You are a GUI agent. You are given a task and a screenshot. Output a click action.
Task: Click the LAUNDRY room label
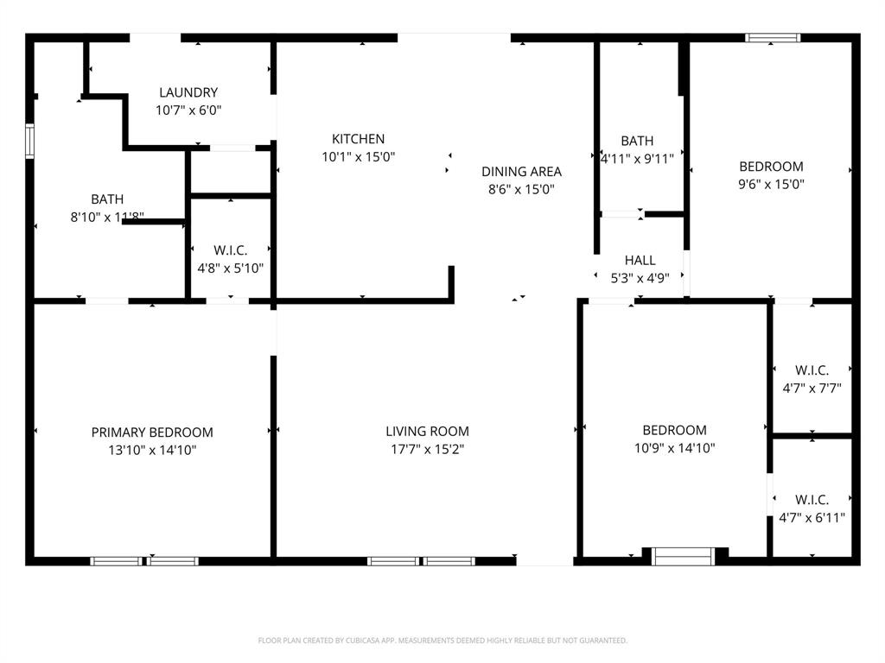coord(188,92)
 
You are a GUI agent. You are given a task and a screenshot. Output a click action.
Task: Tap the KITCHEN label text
coord(358,139)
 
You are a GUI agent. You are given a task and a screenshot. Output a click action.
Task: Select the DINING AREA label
coord(521,171)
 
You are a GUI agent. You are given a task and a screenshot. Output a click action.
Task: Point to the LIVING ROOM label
coord(427,431)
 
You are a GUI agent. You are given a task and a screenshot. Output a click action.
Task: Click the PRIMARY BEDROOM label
coord(152,433)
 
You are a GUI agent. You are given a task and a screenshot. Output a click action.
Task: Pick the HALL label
coord(640,260)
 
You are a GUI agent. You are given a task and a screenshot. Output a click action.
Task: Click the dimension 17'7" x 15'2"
coord(427,449)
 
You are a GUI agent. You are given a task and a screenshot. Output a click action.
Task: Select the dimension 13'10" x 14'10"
coord(152,450)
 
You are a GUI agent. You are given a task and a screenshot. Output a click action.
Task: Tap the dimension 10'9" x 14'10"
coord(674,448)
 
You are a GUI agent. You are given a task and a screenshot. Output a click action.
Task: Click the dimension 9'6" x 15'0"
coord(771,184)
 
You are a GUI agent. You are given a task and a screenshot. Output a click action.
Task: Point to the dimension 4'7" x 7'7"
coord(812,388)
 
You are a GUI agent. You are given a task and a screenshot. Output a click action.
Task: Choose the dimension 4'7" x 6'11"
coord(812,518)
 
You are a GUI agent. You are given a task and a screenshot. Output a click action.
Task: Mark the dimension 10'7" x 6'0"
coord(188,110)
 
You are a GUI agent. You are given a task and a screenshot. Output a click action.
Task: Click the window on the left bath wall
coord(30,142)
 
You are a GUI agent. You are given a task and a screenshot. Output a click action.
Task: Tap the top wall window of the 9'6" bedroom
coord(773,38)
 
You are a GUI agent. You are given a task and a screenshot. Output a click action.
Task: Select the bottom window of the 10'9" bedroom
coord(683,556)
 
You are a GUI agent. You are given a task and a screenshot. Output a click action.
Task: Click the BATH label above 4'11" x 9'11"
coord(637,141)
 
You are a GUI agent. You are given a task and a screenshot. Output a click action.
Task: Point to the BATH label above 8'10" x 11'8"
coord(107,199)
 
